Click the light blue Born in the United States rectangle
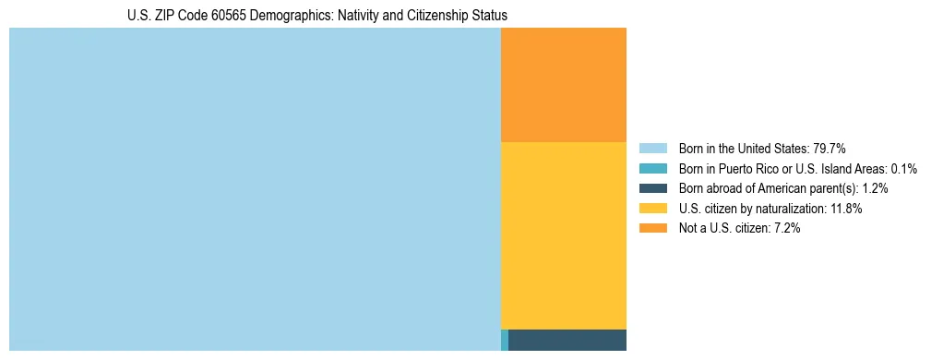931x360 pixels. tap(255, 189)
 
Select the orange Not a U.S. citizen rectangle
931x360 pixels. tap(563, 85)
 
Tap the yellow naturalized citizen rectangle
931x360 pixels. tap(563, 235)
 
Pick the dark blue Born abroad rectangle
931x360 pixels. tap(567, 340)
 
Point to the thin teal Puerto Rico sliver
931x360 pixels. tap(504, 340)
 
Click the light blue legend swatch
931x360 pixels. tap(652, 149)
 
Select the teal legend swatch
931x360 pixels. tap(652, 169)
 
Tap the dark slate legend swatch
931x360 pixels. tap(652, 188)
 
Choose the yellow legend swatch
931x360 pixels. tap(652, 209)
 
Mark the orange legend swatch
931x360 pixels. tap(652, 229)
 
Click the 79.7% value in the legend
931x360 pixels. tap(829, 149)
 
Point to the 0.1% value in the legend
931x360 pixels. tap(902, 169)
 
